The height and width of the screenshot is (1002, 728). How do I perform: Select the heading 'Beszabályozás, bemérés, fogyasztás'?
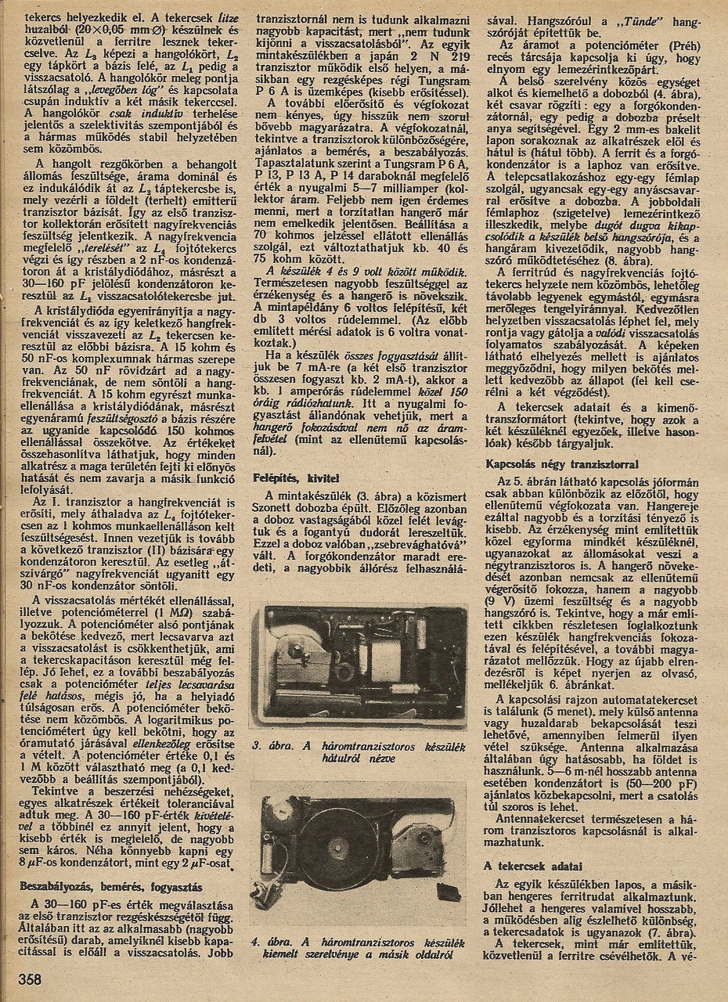pyautogui.click(x=113, y=887)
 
